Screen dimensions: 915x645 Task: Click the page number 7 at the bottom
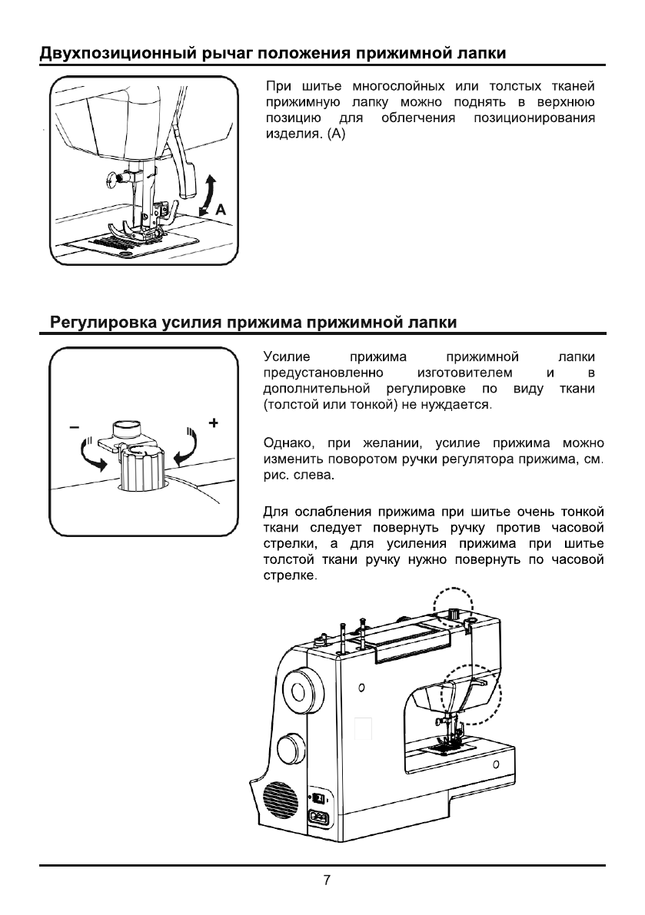(327, 880)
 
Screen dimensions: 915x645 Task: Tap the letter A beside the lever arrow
(221, 209)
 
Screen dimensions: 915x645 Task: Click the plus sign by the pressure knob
(213, 422)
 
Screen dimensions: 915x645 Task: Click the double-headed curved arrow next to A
(208, 194)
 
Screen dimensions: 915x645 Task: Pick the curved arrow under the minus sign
(90, 453)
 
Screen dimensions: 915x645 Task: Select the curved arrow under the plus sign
(188, 449)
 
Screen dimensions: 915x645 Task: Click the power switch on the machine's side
(316, 797)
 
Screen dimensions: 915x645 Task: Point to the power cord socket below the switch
(318, 819)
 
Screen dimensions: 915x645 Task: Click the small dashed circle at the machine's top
(452, 611)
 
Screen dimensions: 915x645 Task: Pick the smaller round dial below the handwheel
(289, 747)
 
